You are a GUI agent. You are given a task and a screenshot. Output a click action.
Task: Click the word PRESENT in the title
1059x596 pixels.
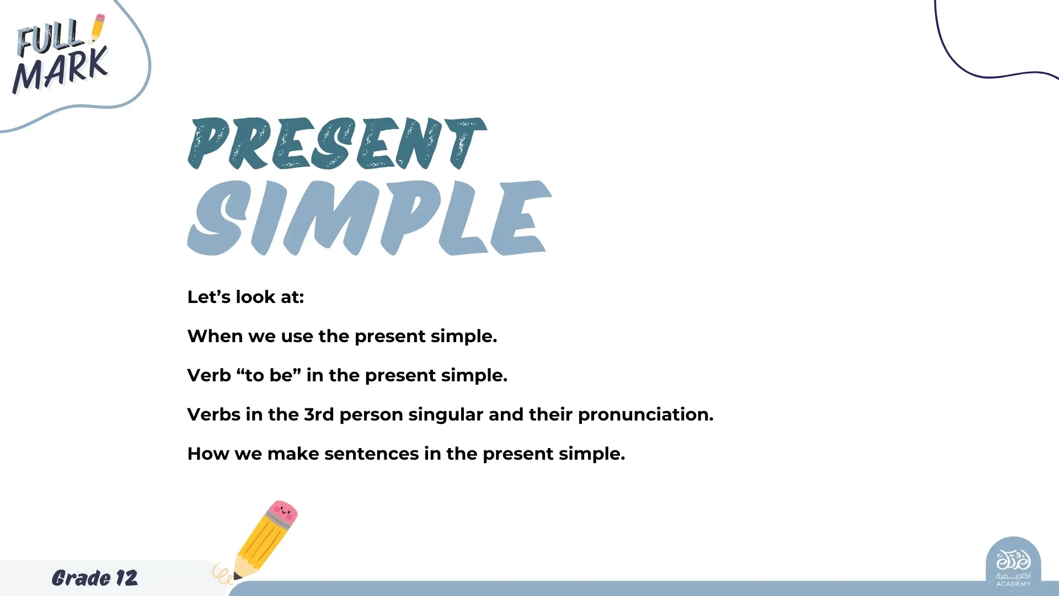tap(337, 143)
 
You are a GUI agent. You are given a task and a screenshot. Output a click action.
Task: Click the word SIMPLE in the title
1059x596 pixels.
tap(370, 217)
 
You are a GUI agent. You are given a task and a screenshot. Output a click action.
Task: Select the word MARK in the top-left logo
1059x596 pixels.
tap(60, 70)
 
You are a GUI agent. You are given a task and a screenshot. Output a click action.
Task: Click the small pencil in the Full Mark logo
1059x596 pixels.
tap(98, 28)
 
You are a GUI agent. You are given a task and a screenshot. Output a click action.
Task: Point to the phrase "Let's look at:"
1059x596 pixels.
tap(245, 297)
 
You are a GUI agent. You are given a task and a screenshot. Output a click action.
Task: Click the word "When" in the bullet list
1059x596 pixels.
tap(215, 336)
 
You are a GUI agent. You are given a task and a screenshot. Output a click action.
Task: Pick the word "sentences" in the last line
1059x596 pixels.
tap(372, 454)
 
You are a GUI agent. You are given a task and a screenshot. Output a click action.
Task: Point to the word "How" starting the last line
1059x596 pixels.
tap(208, 454)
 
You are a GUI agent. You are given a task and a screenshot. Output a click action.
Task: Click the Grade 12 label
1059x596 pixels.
tap(95, 578)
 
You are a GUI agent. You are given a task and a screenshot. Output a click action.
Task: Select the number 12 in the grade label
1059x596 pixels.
tap(127, 578)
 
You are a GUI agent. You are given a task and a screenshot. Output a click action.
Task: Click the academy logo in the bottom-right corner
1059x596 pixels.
tap(1013, 563)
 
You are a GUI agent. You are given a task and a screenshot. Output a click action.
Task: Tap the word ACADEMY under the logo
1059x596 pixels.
tap(1013, 584)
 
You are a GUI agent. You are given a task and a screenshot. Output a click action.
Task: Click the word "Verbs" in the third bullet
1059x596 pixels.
tap(213, 414)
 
